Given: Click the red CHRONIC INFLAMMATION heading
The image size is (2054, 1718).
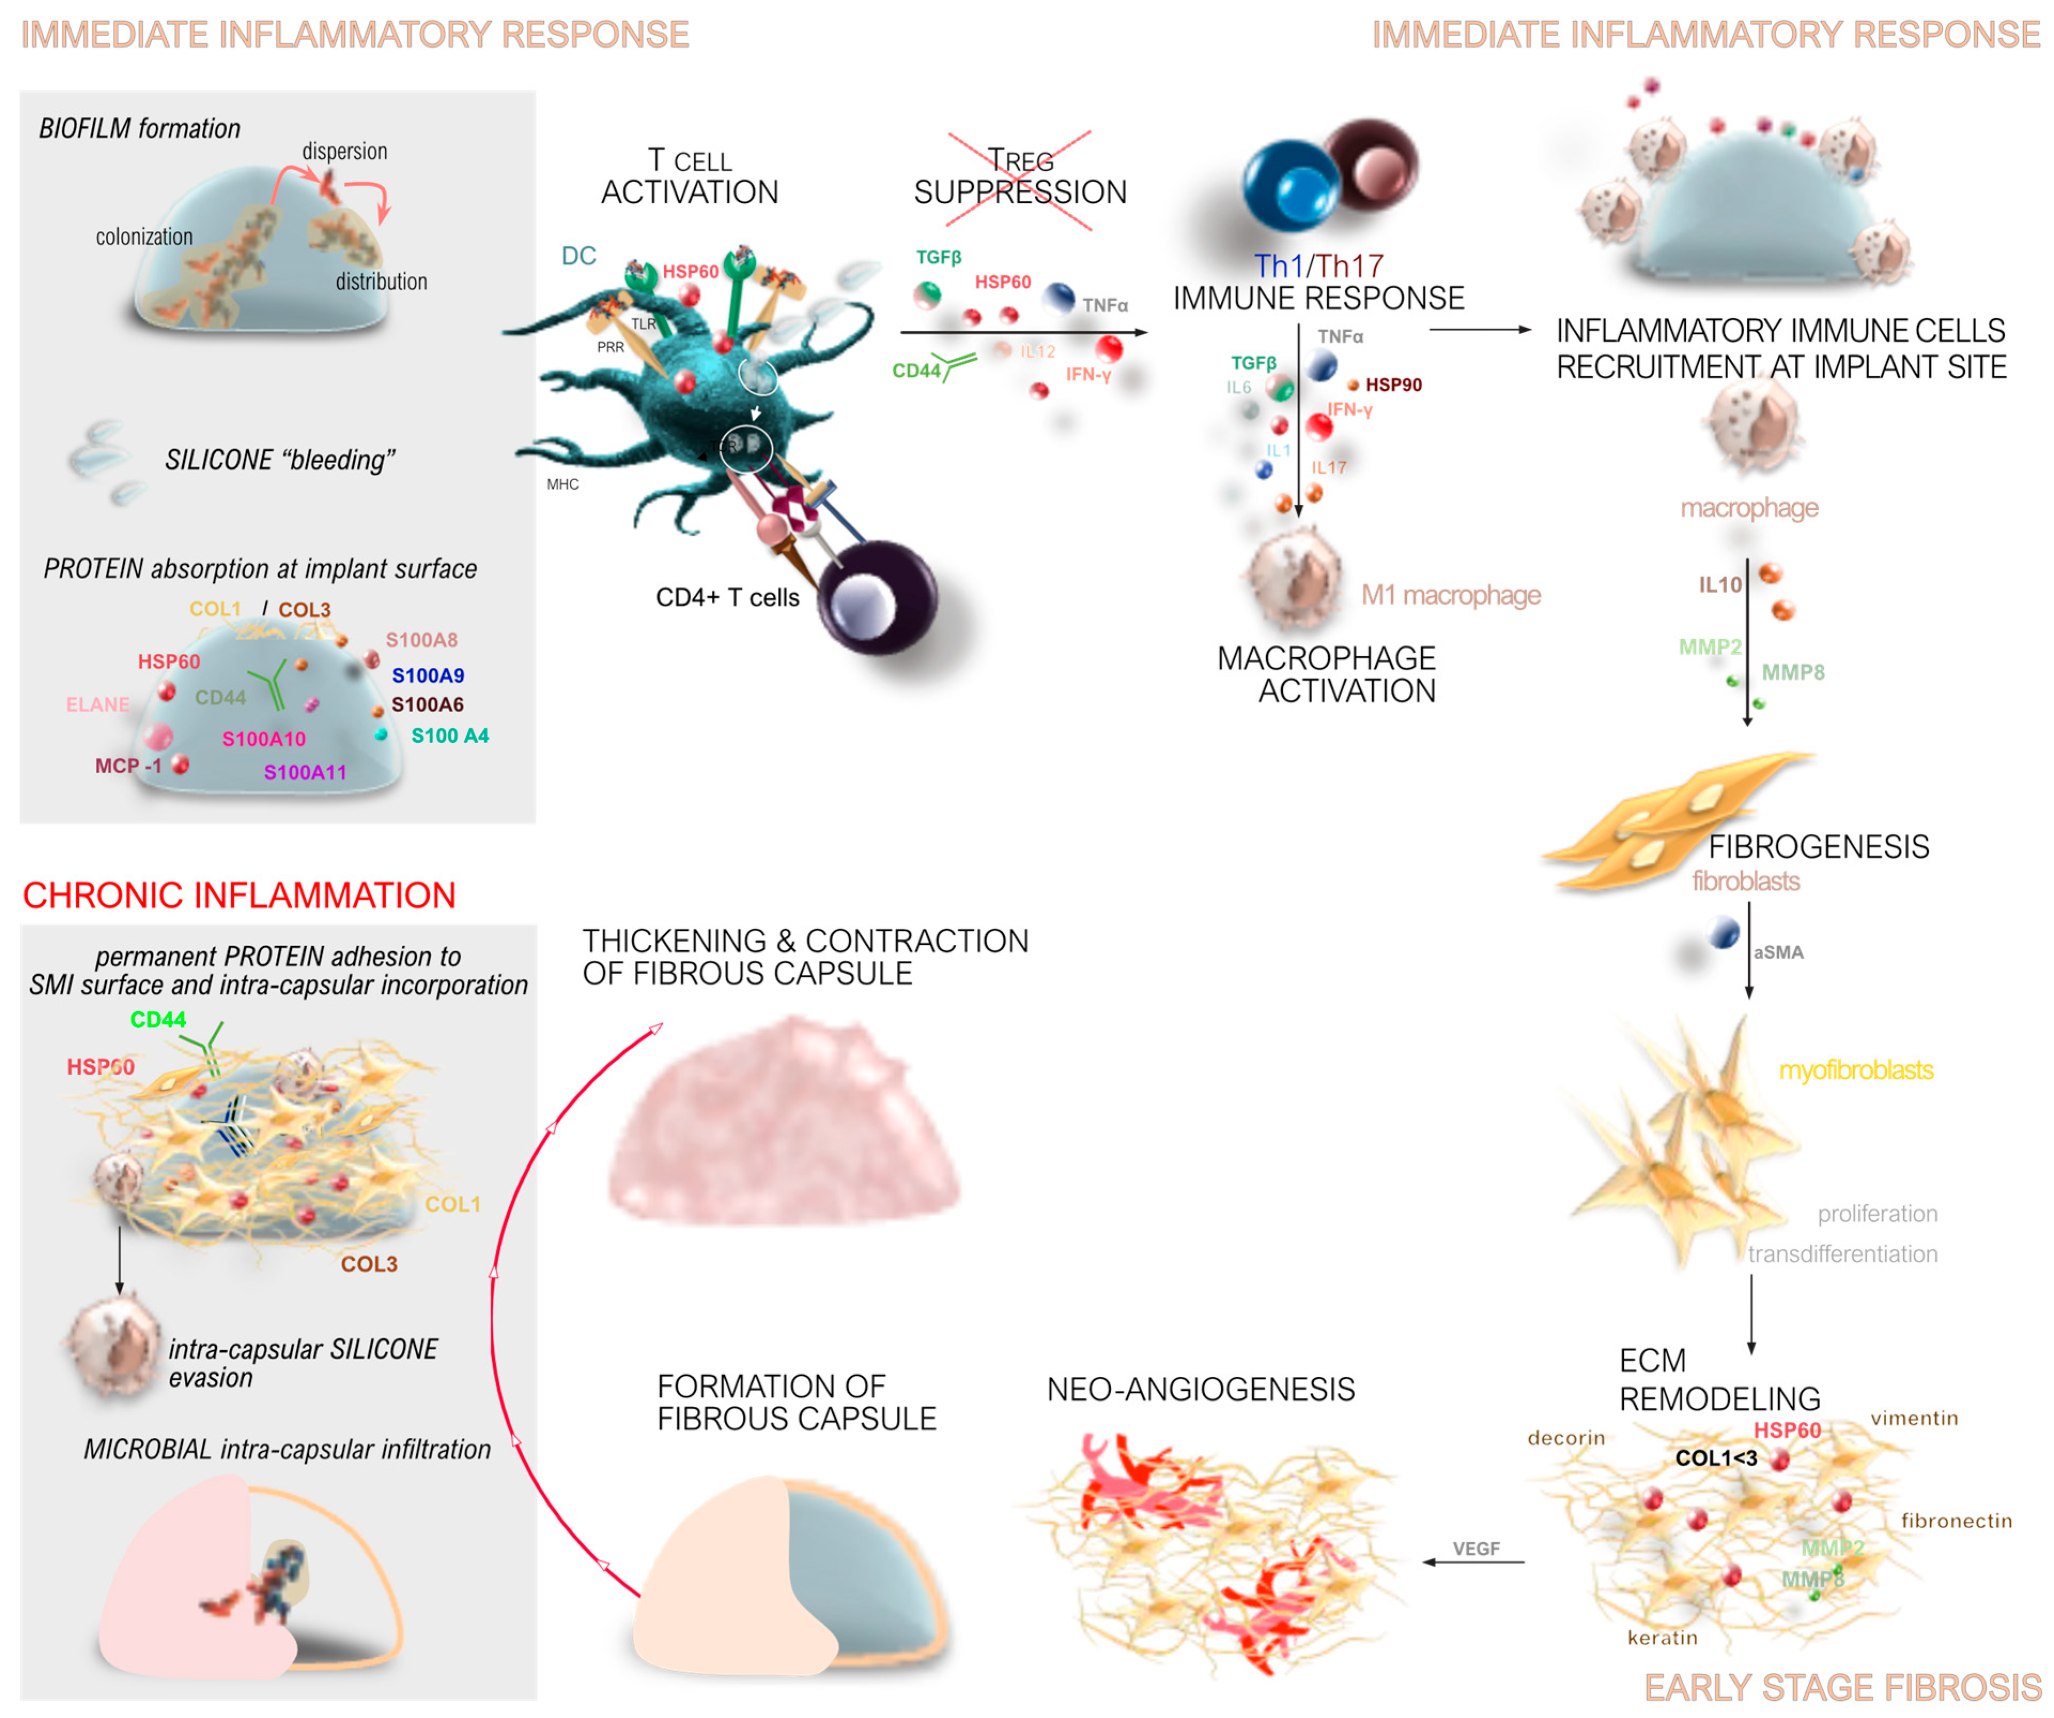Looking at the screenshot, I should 239,895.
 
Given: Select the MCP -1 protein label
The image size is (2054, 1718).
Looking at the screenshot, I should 128,766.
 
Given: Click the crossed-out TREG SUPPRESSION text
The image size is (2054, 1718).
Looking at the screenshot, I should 1020,178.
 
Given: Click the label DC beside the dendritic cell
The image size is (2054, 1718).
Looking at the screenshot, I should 578,256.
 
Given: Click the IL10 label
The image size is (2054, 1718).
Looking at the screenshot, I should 1719,585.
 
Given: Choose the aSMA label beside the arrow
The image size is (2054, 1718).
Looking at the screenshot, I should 1778,952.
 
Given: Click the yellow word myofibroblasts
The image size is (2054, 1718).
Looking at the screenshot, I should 1856,1070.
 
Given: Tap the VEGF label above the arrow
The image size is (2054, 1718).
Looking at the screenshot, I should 1476,1548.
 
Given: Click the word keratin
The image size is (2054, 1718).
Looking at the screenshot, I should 1662,1638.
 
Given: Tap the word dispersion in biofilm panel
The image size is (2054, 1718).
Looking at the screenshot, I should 344,152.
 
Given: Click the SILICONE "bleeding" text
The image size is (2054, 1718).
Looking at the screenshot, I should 280,460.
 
